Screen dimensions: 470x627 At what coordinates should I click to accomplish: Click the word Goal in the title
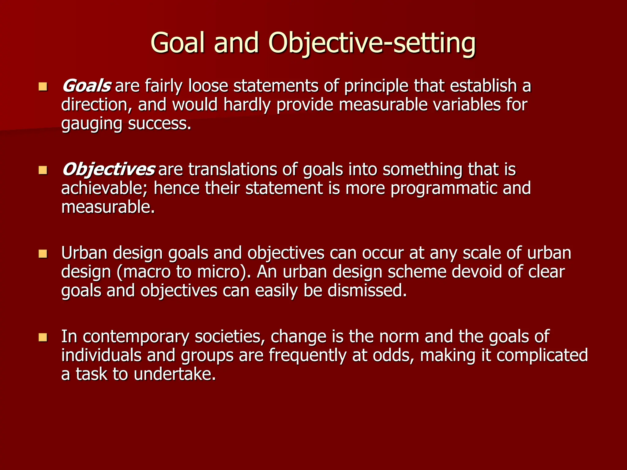click(x=177, y=43)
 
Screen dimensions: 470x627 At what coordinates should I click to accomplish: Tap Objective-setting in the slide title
click(x=372, y=43)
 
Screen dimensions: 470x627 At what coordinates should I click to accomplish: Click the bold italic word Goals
click(x=86, y=86)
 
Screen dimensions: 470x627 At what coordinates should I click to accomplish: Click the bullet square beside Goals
click(x=43, y=87)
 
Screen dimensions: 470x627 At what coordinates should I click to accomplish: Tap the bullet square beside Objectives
click(x=43, y=170)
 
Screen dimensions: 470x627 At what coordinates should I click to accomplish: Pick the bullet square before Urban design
click(x=43, y=254)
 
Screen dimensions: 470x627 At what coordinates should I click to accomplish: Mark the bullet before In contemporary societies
click(x=43, y=337)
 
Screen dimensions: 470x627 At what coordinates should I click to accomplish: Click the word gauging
click(x=92, y=124)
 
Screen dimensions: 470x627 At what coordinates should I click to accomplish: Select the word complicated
click(x=542, y=355)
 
